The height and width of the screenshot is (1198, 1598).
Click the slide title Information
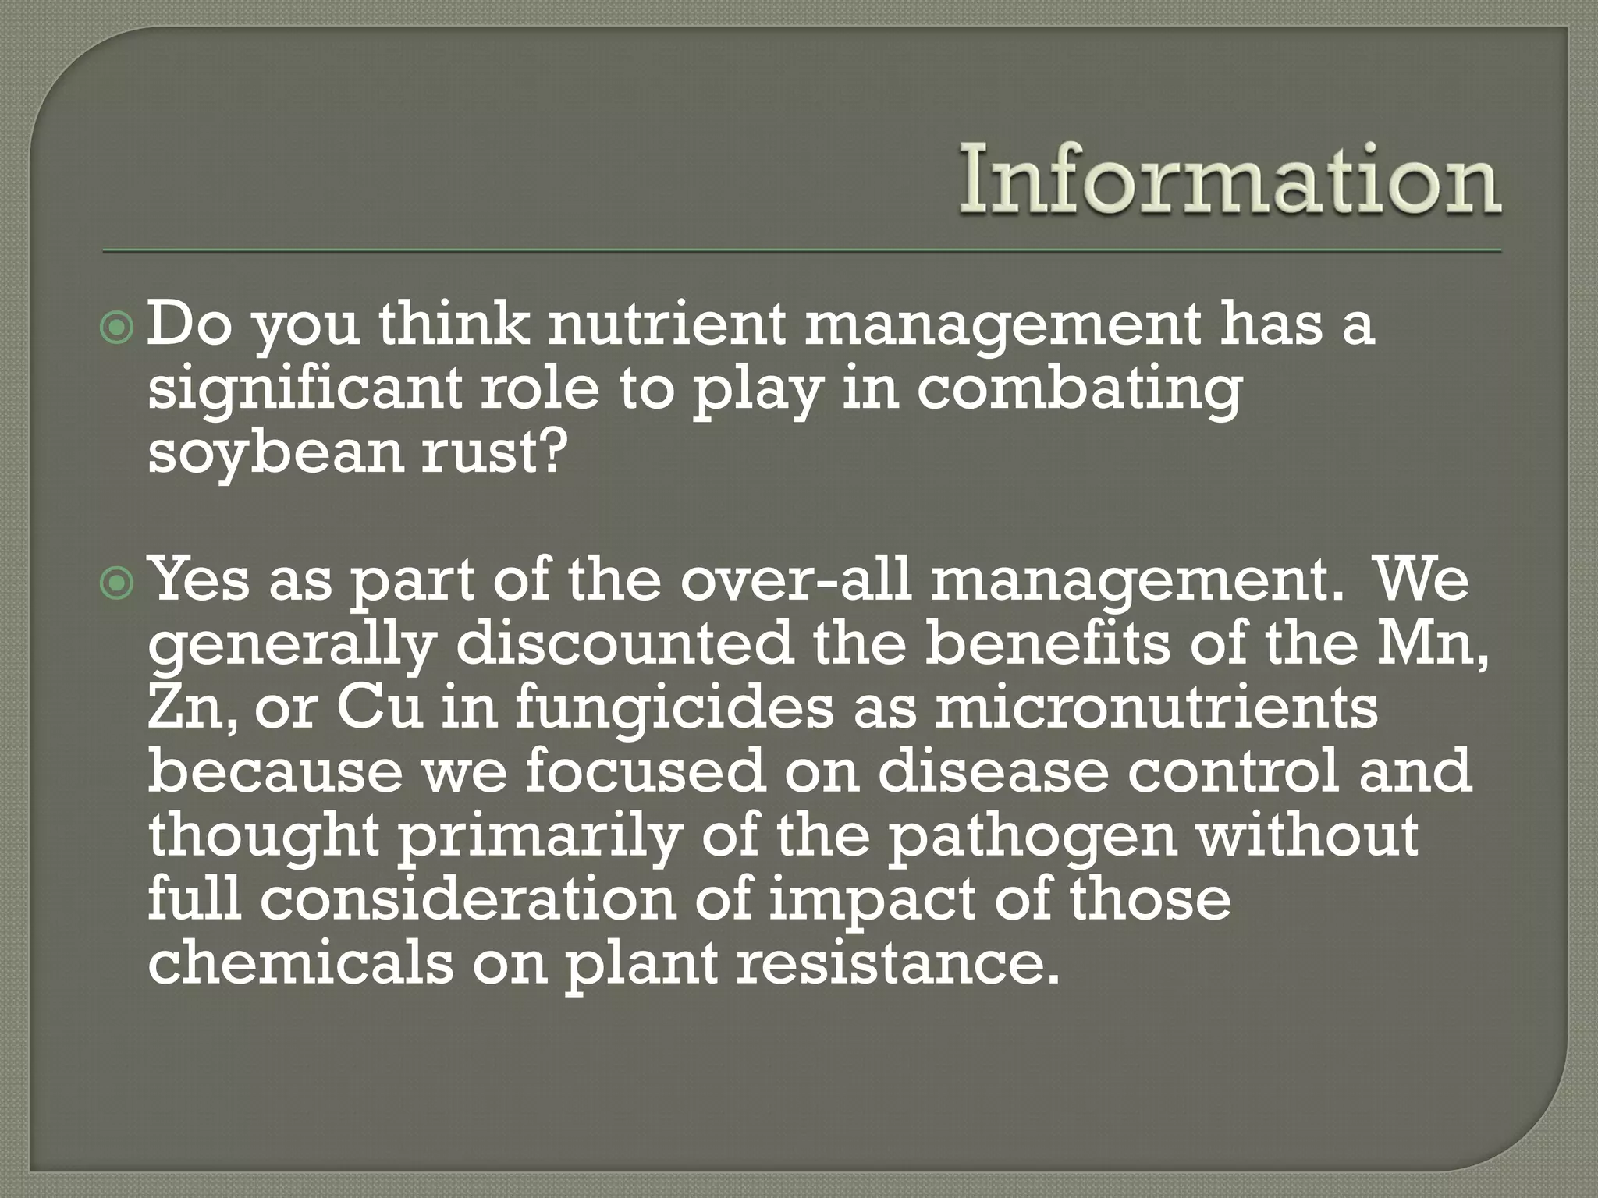[x=1230, y=181]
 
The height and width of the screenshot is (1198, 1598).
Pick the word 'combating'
[x=1078, y=390]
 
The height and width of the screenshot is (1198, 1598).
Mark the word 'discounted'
[x=624, y=643]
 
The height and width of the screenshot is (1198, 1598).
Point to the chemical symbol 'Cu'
[x=381, y=708]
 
